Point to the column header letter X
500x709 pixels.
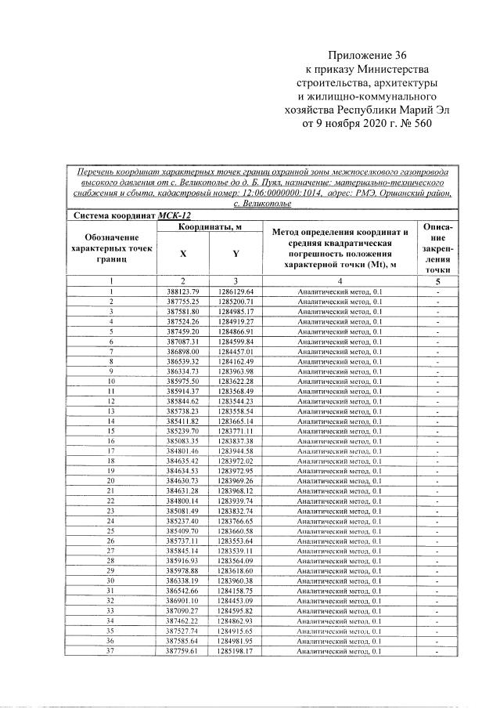click(x=183, y=254)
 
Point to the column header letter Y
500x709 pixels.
click(x=236, y=254)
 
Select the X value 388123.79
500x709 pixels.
click(x=183, y=291)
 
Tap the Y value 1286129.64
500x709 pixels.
click(x=236, y=291)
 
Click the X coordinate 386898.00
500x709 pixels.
click(x=183, y=352)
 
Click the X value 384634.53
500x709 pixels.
click(x=183, y=471)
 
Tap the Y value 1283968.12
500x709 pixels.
click(x=236, y=490)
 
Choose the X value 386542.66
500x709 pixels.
click(x=183, y=591)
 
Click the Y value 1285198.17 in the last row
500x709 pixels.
click(x=236, y=650)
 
